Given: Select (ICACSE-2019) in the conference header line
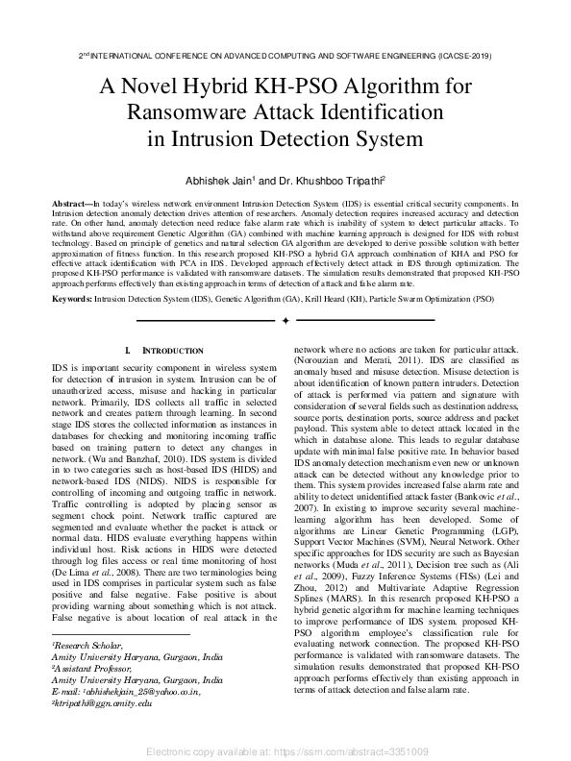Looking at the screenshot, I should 452,56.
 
